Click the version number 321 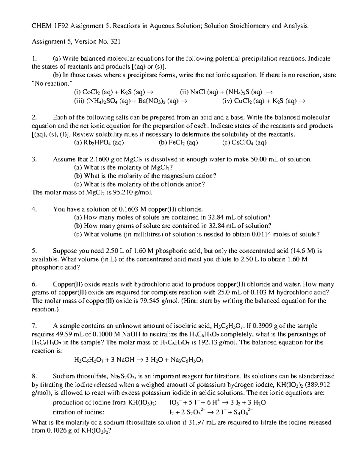(115, 42)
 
